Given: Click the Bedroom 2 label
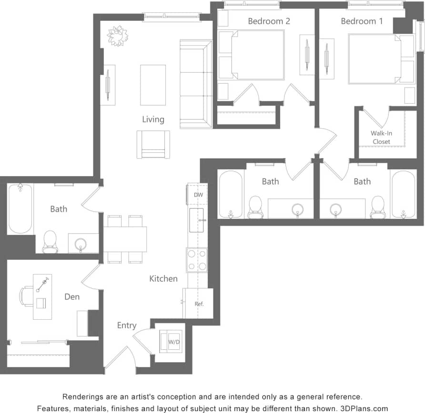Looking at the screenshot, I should pyautogui.click(x=269, y=21).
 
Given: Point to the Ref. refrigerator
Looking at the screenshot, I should pyautogui.click(x=199, y=304).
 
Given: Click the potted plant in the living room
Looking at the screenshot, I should pyautogui.click(x=117, y=35).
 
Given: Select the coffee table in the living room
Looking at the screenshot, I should pyautogui.click(x=153, y=85).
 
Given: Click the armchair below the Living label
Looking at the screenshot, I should pyautogui.click(x=153, y=144).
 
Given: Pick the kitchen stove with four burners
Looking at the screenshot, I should pyautogui.click(x=197, y=260).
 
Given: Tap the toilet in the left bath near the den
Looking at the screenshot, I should pyautogui.click(x=50, y=242).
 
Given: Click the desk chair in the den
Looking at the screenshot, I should pyautogui.click(x=26, y=296).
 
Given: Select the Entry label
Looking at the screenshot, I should pyautogui.click(x=127, y=325).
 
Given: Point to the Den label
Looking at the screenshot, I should pyautogui.click(x=72, y=297).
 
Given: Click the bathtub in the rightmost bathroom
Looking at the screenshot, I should pyautogui.click(x=403, y=194).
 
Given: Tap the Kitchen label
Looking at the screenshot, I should pyautogui.click(x=163, y=279).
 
